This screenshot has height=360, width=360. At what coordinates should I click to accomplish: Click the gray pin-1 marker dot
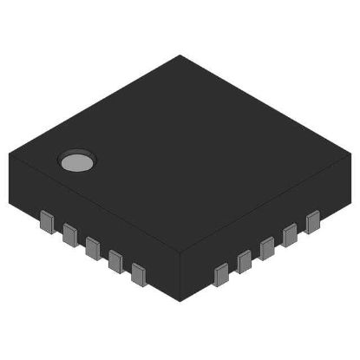[75, 160]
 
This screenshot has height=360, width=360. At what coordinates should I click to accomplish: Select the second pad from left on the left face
[69, 231]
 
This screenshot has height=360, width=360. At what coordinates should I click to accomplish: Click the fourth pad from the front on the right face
[290, 232]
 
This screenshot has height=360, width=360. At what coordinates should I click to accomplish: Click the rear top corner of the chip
[180, 56]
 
